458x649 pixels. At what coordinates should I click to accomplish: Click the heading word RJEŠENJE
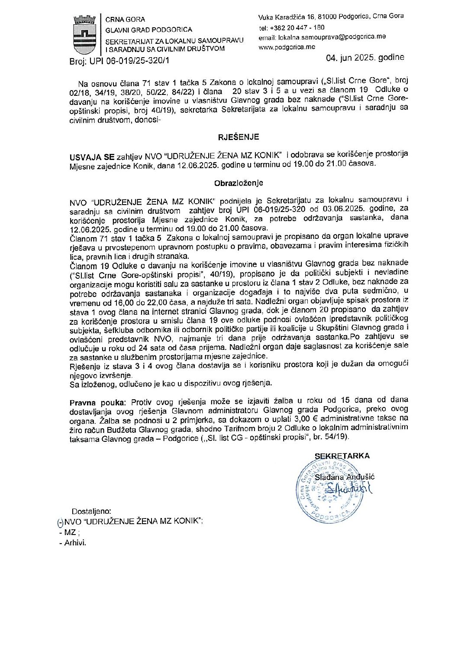coord(238,137)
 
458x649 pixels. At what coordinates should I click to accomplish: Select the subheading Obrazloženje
coord(239,183)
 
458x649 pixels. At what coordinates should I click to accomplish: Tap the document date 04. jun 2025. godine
coord(366,58)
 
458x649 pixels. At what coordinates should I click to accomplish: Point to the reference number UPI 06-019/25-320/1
coord(129,61)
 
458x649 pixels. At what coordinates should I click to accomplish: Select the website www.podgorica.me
coord(287,47)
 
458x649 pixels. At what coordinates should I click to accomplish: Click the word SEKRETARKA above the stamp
coord(342,456)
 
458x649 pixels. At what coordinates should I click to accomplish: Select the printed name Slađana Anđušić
coord(345,477)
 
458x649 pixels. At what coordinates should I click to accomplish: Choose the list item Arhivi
coord(75,543)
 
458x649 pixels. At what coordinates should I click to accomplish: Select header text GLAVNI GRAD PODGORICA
coord(149,30)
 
